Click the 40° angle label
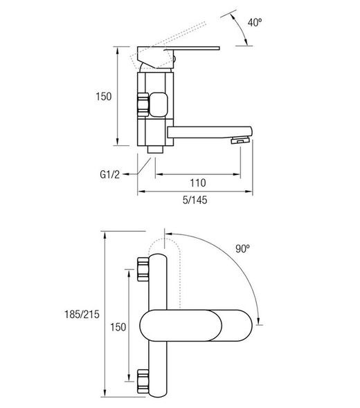pyautogui.click(x=255, y=22)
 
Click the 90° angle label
pyautogui.click(x=242, y=249)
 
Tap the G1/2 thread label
pyautogui.click(x=109, y=174)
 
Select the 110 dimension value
pyautogui.click(x=198, y=183)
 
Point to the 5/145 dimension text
pyautogui.click(x=195, y=200)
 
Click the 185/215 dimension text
pyautogui.click(x=82, y=315)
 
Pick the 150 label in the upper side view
pyautogui.click(x=104, y=97)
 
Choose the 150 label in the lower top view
pyautogui.click(x=118, y=327)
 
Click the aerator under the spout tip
pyautogui.click(x=240, y=141)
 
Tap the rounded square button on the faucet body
pyautogui.click(x=158, y=104)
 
